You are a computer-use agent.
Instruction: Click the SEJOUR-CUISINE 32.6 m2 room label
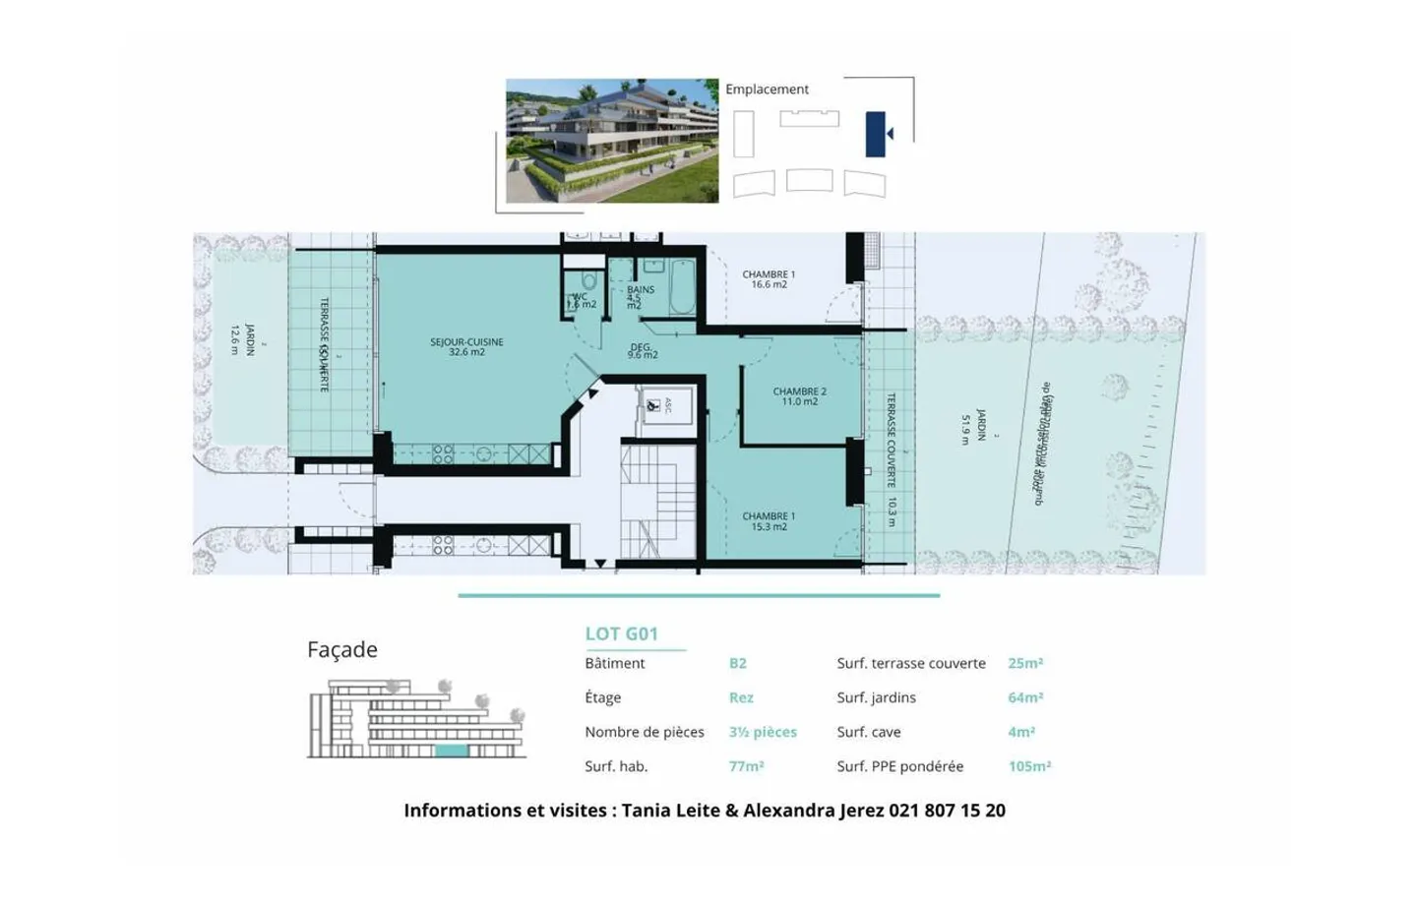pyautogui.click(x=466, y=347)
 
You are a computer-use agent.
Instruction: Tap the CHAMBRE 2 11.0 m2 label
pyautogui.click(x=799, y=396)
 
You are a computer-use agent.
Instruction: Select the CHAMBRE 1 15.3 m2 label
pyautogui.click(x=769, y=521)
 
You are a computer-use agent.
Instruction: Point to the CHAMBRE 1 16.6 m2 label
pyautogui.click(x=769, y=279)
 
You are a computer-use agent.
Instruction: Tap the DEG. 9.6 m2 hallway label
pyautogui.click(x=642, y=351)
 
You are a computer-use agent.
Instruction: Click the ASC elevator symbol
pyautogui.click(x=654, y=405)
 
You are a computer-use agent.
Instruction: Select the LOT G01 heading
pyautogui.click(x=621, y=634)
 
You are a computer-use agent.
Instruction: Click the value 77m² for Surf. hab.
pyautogui.click(x=746, y=766)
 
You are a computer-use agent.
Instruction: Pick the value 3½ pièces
pyautogui.click(x=763, y=732)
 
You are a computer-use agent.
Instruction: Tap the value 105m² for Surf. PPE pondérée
pyautogui.click(x=1029, y=766)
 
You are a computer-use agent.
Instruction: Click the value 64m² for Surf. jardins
pyautogui.click(x=1025, y=697)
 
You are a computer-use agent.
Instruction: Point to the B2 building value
pyautogui.click(x=737, y=663)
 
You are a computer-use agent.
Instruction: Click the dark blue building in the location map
pyautogui.click(x=875, y=134)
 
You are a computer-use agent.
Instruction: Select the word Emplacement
pyautogui.click(x=767, y=89)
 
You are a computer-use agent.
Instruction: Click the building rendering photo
pyautogui.click(x=612, y=141)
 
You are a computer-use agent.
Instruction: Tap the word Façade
pyautogui.click(x=342, y=649)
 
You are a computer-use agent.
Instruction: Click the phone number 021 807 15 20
pyautogui.click(x=947, y=811)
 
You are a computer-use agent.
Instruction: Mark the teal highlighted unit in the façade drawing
pyautogui.click(x=452, y=751)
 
